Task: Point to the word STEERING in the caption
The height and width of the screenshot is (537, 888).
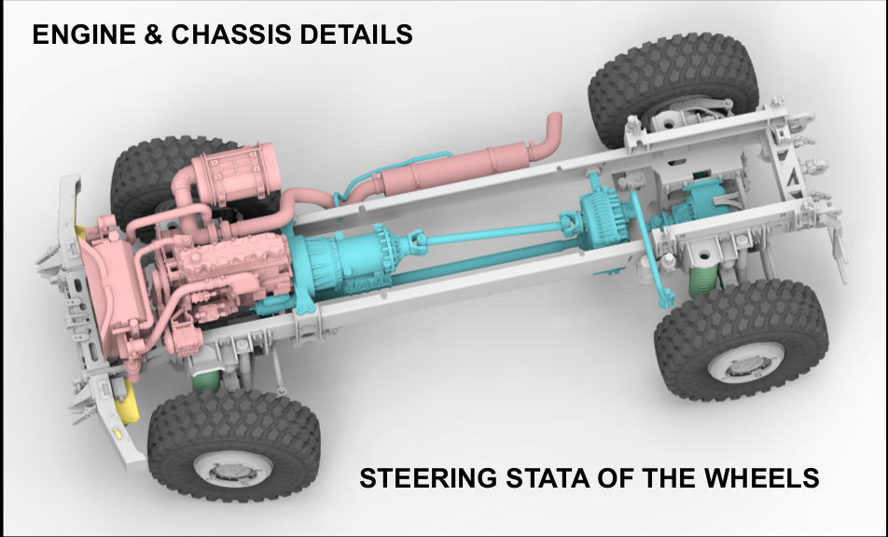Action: click(428, 478)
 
